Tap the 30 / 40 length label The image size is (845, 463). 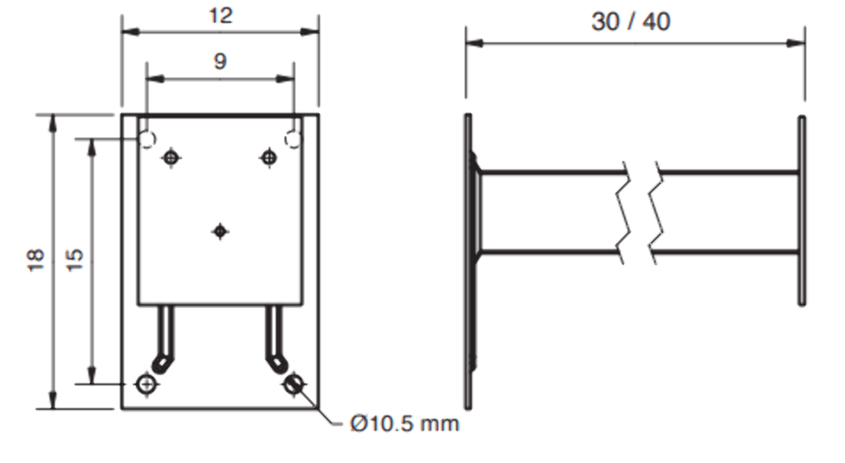point(630,21)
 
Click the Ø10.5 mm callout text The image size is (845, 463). point(404,424)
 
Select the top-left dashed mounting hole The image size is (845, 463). point(147,139)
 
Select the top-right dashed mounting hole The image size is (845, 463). point(293,139)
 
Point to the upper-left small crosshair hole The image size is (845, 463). point(172,157)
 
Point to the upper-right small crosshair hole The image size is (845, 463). point(269,157)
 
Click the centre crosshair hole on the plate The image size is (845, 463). point(220,231)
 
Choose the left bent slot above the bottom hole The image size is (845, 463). point(164,340)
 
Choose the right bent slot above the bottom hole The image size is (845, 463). point(274,340)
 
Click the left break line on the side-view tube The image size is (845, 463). point(627,212)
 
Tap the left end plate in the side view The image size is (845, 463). point(468,262)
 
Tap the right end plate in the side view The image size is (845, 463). point(802,210)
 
